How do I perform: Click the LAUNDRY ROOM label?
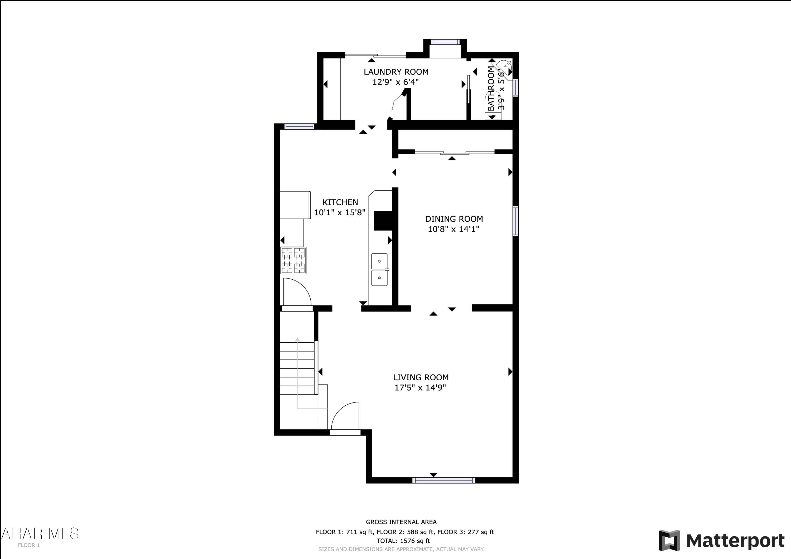pyautogui.click(x=396, y=72)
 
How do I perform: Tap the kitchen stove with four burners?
pyautogui.click(x=293, y=260)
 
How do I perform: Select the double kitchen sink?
pyautogui.click(x=379, y=270)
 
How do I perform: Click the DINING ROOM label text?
pyautogui.click(x=454, y=219)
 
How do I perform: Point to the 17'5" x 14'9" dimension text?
pyautogui.click(x=420, y=387)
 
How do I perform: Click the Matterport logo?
pyautogui.click(x=721, y=540)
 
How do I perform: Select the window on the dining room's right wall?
pyautogui.click(x=515, y=221)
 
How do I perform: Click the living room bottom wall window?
pyautogui.click(x=444, y=480)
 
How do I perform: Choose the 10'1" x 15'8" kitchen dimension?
pyautogui.click(x=339, y=212)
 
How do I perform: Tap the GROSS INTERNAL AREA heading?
pyautogui.click(x=401, y=522)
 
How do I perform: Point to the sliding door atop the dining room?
pyautogui.click(x=454, y=152)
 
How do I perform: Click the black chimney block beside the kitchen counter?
pyautogui.click(x=383, y=220)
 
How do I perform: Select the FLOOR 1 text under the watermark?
pyautogui.click(x=29, y=545)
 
